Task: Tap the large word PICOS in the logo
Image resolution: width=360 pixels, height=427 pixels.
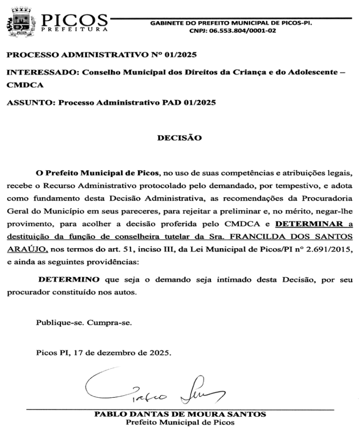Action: [x=75, y=20]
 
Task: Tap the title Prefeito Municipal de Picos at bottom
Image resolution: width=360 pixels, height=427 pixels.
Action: [x=180, y=422]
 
